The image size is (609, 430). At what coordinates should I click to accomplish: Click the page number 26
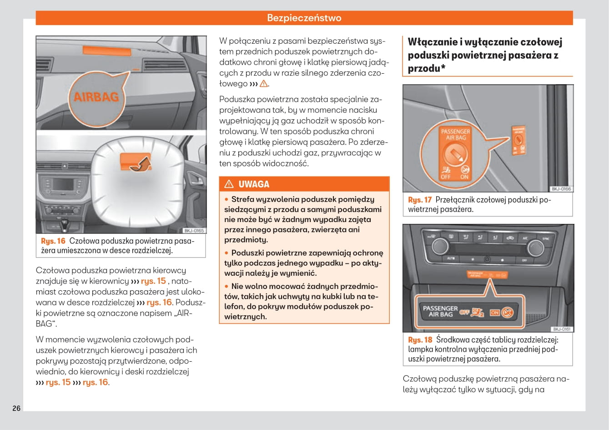[16, 408]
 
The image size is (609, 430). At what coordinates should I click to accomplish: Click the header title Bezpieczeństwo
[304, 18]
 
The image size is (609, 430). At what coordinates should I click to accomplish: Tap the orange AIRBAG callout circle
[96, 96]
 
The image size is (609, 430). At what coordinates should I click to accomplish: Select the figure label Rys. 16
[53, 241]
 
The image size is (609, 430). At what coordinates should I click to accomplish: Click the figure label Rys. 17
[420, 200]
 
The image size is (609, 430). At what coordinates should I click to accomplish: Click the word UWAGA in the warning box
[254, 184]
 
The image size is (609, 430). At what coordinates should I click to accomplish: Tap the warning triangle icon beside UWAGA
[229, 184]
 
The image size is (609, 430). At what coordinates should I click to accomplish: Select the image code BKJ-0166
[561, 189]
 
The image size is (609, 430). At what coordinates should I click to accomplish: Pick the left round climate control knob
[440, 246]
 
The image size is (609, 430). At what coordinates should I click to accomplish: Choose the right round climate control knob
[535, 248]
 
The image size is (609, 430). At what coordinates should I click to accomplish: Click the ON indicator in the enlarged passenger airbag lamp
[495, 313]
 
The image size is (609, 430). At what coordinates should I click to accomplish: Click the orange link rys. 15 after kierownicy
[153, 281]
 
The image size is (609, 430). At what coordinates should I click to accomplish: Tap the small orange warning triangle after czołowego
[264, 84]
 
